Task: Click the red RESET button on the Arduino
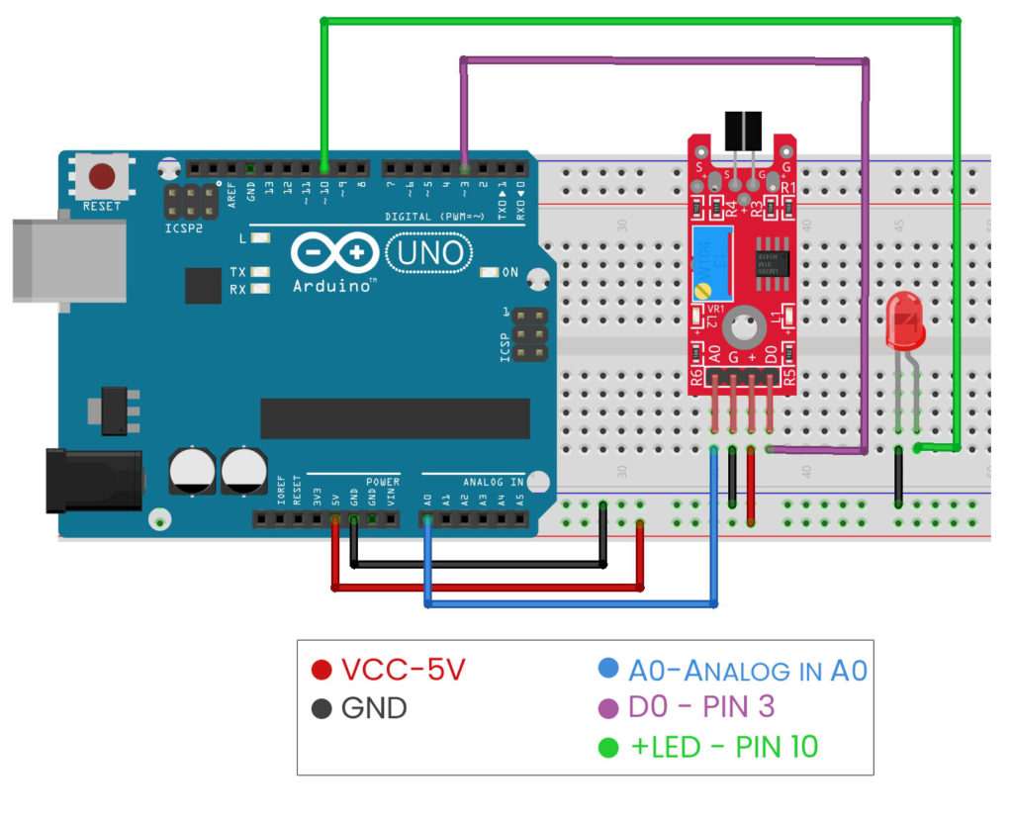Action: point(102,178)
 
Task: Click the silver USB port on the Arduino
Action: point(69,260)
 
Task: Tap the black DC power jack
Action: point(94,481)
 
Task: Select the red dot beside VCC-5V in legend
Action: point(321,671)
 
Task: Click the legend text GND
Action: point(374,708)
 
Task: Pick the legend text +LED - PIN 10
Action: point(724,747)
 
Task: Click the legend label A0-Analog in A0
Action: point(747,671)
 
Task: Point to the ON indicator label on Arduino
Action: point(510,272)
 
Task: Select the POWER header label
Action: point(381,482)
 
